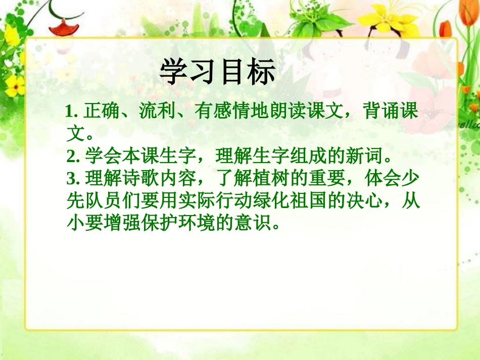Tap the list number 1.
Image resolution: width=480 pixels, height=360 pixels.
tap(70, 112)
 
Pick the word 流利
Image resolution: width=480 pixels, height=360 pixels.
tap(150, 112)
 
